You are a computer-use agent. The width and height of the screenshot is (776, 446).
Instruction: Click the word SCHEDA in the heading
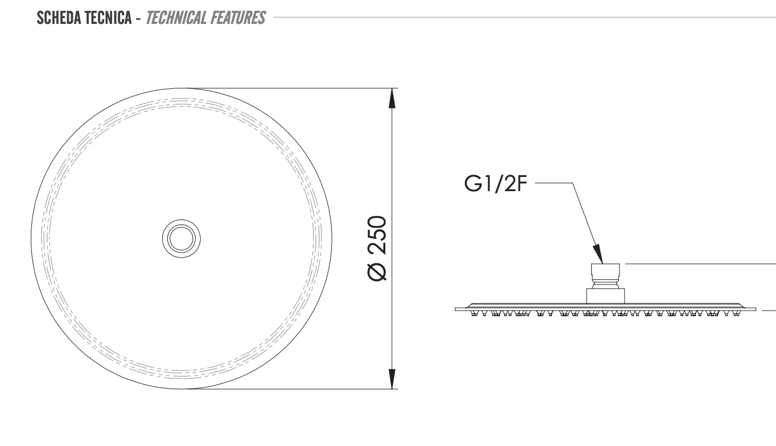pos(60,18)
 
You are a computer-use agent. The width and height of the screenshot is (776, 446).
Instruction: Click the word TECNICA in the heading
pos(109,18)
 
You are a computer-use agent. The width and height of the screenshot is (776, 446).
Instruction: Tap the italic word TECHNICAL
pos(176,18)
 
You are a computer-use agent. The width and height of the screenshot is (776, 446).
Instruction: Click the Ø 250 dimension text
pos(377,248)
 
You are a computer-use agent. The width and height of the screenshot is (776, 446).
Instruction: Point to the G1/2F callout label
pos(496,184)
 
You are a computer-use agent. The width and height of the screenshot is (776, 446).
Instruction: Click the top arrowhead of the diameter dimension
pos(392,98)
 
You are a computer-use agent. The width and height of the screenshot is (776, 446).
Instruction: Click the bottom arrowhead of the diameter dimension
pos(392,379)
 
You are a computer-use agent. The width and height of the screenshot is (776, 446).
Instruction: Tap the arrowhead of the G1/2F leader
pos(598,254)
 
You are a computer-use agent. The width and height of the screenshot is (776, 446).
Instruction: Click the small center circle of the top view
pos(181,238)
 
